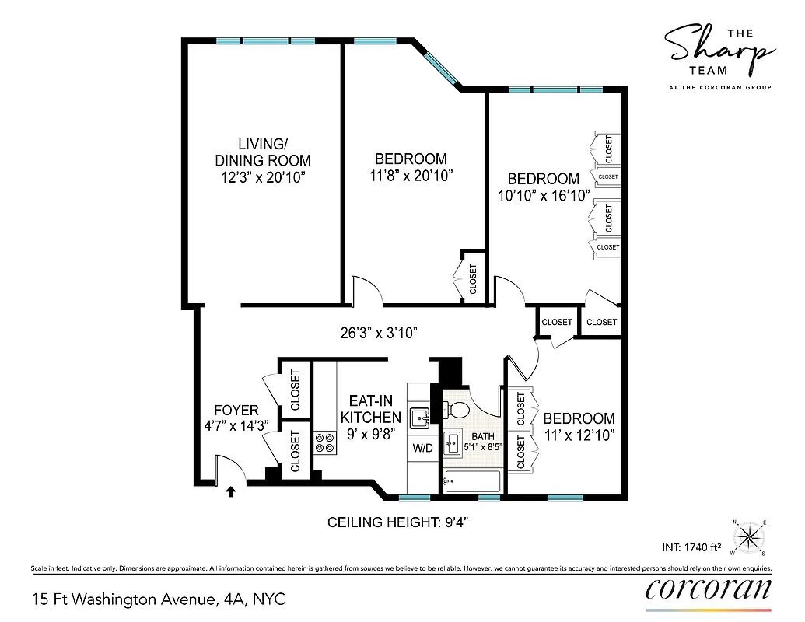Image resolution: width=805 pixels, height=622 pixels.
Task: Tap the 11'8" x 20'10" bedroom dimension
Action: click(x=411, y=176)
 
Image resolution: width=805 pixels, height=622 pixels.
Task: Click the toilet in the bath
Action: click(x=458, y=408)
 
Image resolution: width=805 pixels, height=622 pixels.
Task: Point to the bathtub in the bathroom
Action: click(x=471, y=482)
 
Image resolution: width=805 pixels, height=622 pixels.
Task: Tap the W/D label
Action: click(x=422, y=449)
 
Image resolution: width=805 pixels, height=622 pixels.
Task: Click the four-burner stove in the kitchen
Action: click(x=324, y=443)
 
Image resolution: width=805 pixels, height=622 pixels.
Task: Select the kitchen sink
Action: click(x=421, y=417)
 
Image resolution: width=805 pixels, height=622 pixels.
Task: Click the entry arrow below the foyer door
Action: click(x=230, y=491)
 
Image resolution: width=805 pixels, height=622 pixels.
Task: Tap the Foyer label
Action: click(x=236, y=410)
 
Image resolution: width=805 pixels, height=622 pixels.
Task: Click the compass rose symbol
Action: click(x=749, y=536)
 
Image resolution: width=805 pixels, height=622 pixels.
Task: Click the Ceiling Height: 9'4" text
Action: click(x=398, y=522)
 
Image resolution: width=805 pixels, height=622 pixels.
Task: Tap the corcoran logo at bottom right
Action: click(x=709, y=589)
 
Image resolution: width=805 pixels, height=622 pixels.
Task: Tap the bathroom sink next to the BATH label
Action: click(x=452, y=446)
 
